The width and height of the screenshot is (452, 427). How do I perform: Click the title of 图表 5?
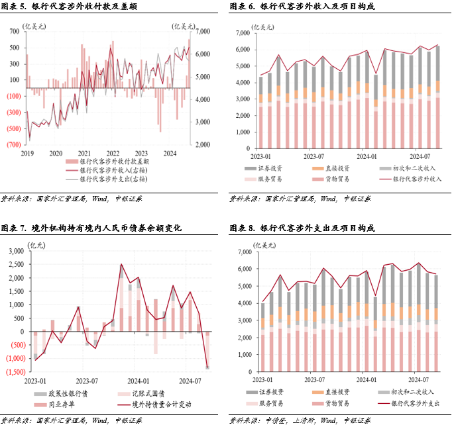pyautogui.click(x=74, y=7)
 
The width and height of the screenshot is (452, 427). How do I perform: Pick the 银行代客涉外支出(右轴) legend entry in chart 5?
pyautogui.click(x=113, y=179)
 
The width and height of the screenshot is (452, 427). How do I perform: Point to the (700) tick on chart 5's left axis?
pyautogui.click(x=14, y=144)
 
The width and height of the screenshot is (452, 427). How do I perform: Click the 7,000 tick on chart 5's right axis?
pyautogui.click(x=202, y=32)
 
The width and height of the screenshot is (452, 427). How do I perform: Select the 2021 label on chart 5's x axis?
pyautogui.click(x=84, y=153)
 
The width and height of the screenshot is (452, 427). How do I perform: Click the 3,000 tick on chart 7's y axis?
pyautogui.click(x=15, y=252)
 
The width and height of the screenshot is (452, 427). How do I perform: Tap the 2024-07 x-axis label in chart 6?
pyautogui.click(x=420, y=157)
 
